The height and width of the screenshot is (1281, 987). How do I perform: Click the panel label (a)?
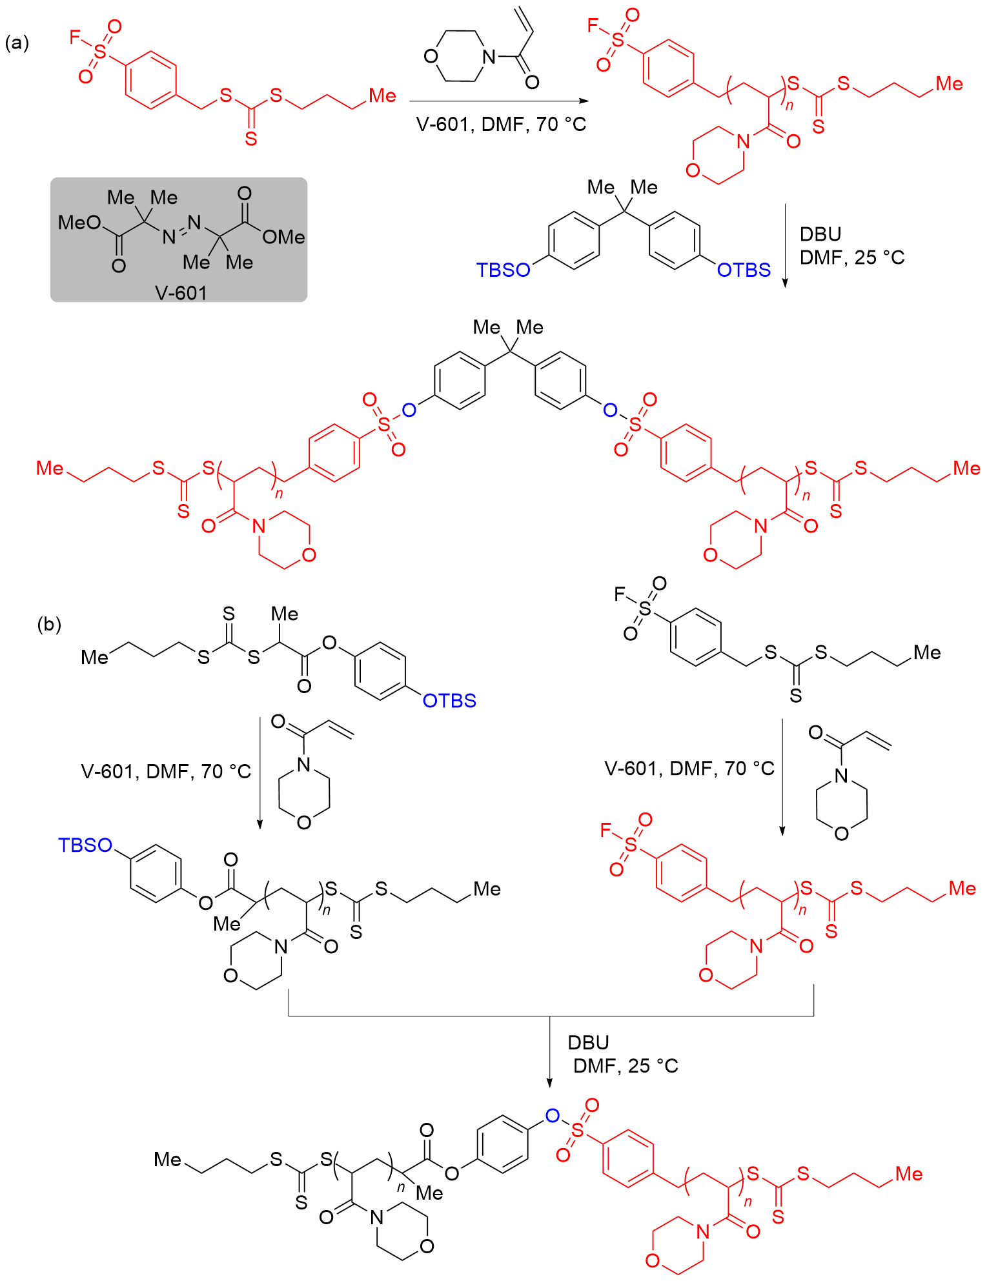(17, 43)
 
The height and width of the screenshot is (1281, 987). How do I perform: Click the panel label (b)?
(49, 624)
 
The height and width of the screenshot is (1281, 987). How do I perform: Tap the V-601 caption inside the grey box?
(181, 293)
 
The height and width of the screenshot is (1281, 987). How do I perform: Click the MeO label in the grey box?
(79, 223)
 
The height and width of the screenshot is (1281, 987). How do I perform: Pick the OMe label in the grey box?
(283, 237)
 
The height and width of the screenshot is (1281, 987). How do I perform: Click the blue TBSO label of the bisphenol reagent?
(503, 270)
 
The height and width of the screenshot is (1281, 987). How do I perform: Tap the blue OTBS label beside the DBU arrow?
(744, 270)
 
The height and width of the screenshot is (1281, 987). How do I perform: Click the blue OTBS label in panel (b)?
(449, 701)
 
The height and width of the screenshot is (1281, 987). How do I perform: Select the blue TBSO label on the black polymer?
(85, 845)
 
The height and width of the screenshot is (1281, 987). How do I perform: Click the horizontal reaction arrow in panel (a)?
(498, 101)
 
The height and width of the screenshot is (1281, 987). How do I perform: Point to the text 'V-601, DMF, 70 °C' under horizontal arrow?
(501, 124)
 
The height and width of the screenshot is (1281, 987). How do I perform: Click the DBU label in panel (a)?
(820, 234)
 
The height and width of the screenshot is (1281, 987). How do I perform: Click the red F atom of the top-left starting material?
(76, 37)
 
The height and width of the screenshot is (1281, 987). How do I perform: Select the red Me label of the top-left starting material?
(382, 96)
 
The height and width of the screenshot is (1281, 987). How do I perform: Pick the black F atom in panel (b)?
(620, 594)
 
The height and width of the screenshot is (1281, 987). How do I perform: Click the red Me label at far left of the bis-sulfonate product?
(50, 469)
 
